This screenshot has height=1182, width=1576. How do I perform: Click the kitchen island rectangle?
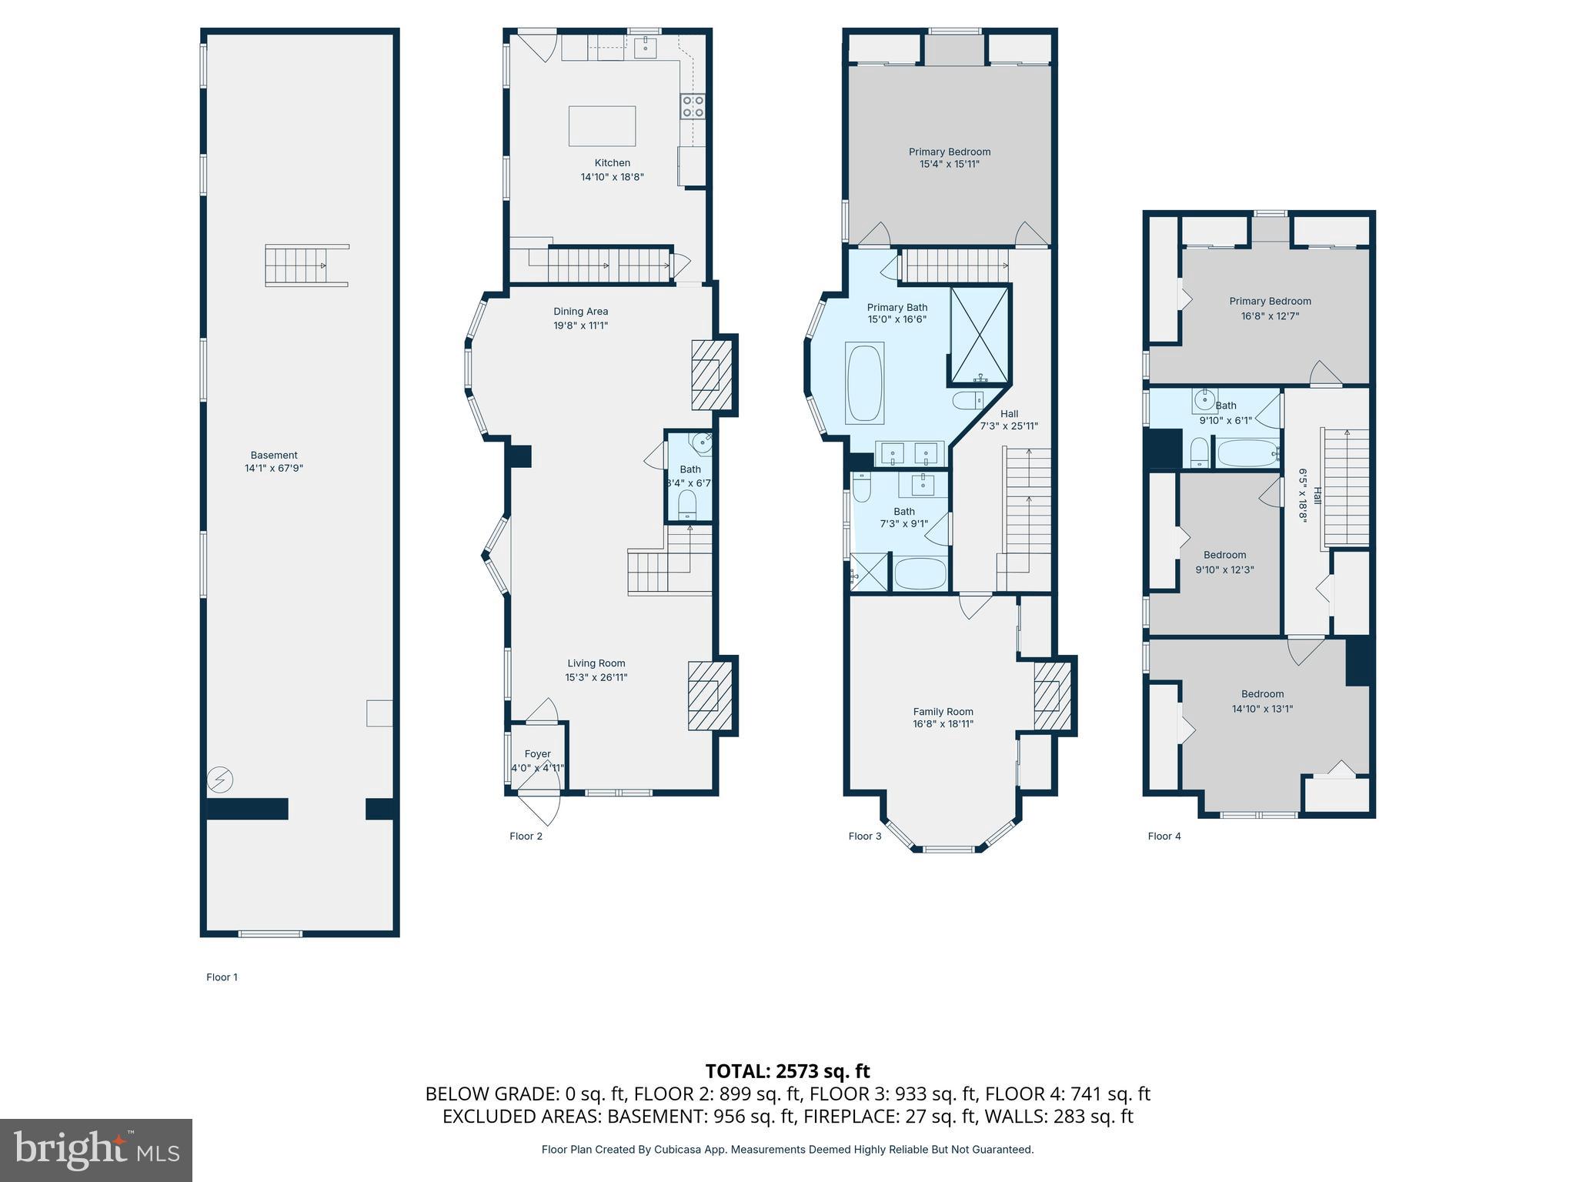[x=602, y=126]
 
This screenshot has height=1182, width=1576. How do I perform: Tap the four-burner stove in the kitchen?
[x=693, y=106]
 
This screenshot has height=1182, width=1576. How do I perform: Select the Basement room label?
[x=274, y=455]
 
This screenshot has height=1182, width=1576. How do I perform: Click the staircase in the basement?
[x=306, y=265]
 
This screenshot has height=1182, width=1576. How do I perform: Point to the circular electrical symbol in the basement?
[x=220, y=780]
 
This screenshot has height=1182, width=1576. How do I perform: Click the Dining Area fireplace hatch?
[x=706, y=375]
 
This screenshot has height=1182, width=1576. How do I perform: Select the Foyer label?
[x=538, y=754]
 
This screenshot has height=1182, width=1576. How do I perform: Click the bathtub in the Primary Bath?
[x=865, y=382]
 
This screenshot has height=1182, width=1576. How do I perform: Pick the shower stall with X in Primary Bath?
[x=980, y=334]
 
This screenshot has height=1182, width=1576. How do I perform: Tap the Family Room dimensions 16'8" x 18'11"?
[x=943, y=723]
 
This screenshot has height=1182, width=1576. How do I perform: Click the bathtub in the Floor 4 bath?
[x=1247, y=452]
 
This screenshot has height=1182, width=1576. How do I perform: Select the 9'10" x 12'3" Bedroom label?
[x=1224, y=555]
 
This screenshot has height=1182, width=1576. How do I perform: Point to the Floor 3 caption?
[x=865, y=836]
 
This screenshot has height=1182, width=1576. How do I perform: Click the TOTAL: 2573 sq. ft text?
[x=787, y=1070]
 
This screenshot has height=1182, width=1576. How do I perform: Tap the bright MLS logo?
[x=96, y=1150]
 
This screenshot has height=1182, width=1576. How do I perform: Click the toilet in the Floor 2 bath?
[x=687, y=504]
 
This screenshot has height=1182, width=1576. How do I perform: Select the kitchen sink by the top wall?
[x=645, y=48]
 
